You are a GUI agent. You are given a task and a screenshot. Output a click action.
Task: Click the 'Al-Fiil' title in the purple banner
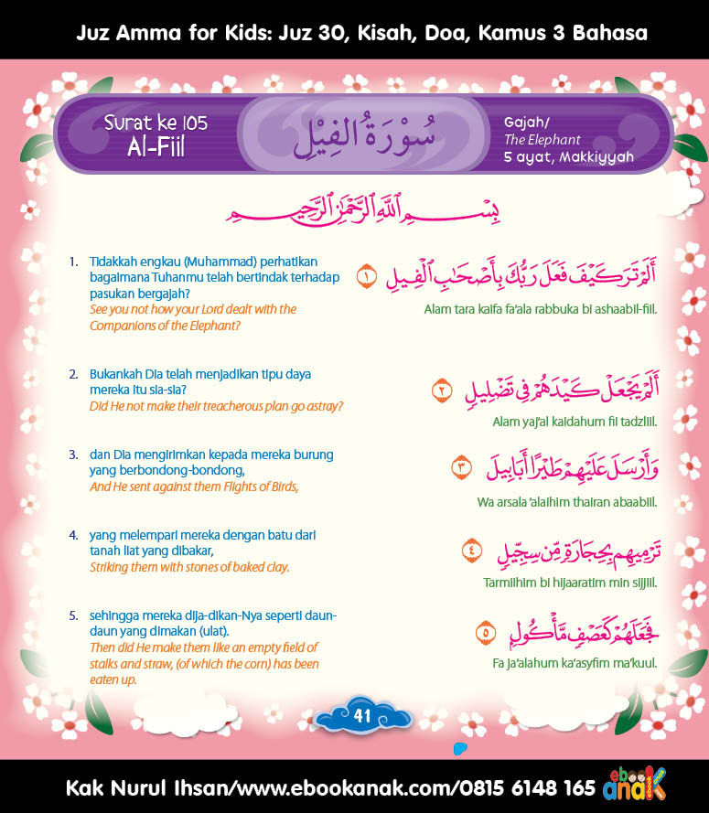pos(156,146)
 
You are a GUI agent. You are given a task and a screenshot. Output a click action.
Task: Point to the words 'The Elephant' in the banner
pos(542,140)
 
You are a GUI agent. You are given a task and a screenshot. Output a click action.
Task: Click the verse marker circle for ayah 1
pos(366,275)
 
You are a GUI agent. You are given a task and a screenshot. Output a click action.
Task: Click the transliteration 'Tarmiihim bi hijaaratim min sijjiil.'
pos(570,582)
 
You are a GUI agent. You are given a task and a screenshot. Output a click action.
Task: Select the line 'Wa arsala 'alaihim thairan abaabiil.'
pos(567,501)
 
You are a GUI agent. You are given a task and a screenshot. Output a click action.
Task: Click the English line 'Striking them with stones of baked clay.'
pos(189,567)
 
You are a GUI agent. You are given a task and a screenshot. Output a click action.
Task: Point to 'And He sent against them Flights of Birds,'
pos(194,487)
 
